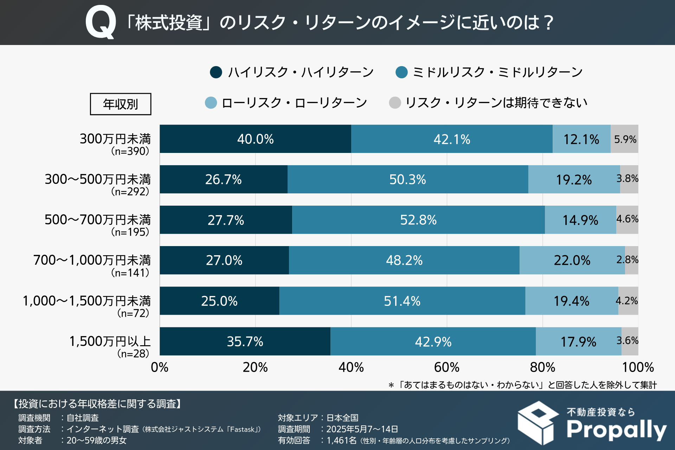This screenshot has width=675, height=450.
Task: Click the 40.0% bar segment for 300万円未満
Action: [x=255, y=139]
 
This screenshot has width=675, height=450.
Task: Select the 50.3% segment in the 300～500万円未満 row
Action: [x=407, y=179]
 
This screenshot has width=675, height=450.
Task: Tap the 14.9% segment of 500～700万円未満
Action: [x=580, y=220]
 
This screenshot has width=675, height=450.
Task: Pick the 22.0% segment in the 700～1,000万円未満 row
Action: [x=572, y=260]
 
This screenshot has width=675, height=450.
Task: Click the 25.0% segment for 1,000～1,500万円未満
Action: [x=219, y=301]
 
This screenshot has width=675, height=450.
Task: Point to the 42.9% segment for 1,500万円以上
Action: [x=433, y=341]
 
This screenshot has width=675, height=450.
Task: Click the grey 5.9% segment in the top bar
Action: [x=625, y=139]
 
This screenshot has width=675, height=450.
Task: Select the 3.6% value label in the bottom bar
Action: [x=627, y=340]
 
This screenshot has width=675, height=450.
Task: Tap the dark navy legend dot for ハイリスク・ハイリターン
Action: [x=216, y=72]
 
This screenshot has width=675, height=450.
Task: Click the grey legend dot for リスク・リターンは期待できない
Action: [x=395, y=103]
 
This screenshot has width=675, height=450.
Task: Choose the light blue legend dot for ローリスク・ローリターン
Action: [x=211, y=103]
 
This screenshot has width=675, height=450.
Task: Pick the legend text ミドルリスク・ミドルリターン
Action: [x=497, y=72]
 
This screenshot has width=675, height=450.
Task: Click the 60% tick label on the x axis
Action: [x=446, y=367]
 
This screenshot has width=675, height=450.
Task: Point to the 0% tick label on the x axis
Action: [x=160, y=367]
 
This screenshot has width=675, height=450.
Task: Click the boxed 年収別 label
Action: [x=121, y=104]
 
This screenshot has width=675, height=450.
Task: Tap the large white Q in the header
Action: [x=101, y=22]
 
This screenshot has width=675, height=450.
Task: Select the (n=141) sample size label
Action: [x=130, y=272]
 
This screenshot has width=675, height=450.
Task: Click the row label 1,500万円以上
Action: [x=110, y=341]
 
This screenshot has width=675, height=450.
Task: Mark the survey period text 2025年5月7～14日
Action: [x=362, y=429]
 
